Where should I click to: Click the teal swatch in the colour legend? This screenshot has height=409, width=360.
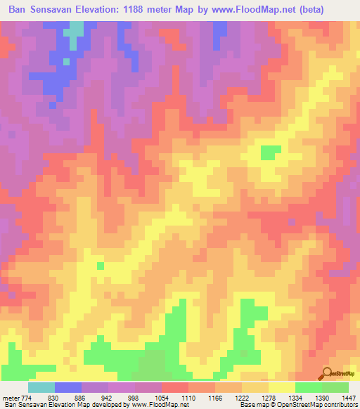(41, 387)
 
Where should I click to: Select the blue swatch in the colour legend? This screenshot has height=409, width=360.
(67, 387)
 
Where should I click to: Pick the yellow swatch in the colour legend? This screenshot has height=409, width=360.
(281, 387)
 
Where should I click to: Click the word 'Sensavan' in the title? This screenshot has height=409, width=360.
(58, 9)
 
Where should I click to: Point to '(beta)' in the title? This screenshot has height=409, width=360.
(336, 9)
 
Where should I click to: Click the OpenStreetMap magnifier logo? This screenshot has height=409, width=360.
(328, 373)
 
